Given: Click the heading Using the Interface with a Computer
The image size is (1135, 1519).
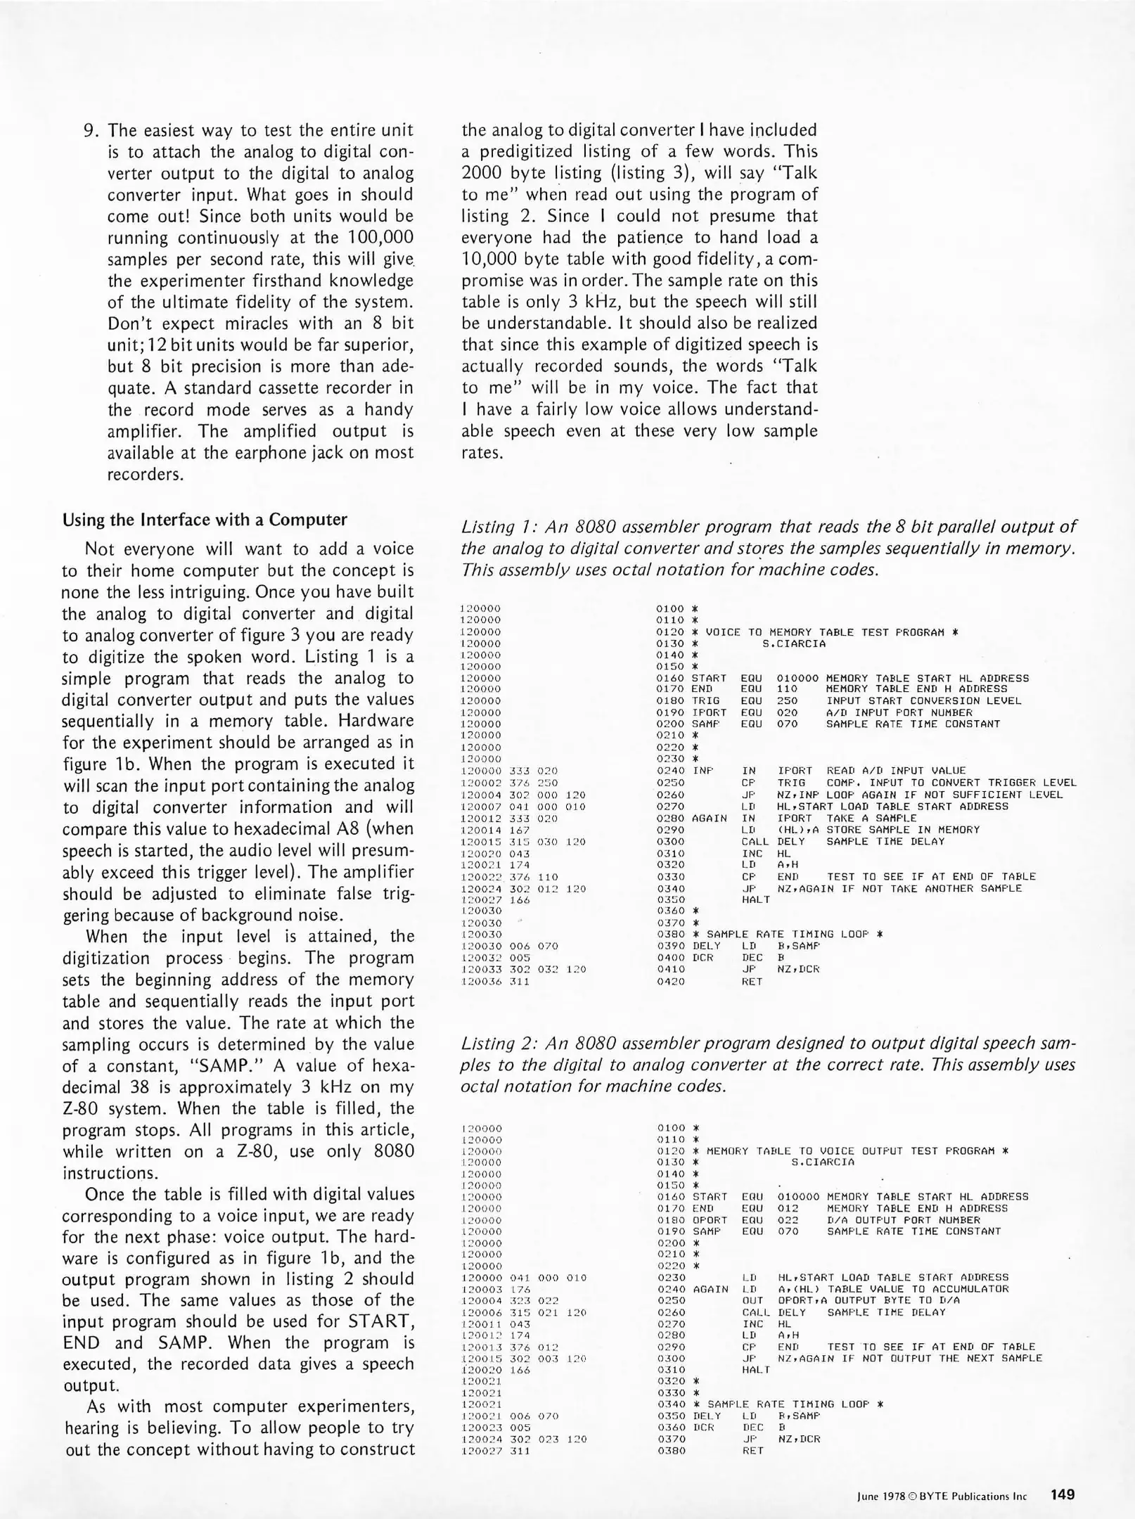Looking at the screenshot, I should point(205,520).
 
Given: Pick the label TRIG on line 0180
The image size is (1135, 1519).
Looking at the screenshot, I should point(705,700).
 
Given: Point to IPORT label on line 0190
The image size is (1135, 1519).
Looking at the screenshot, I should point(709,712).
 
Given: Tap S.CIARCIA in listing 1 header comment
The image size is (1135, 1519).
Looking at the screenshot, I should point(794,643).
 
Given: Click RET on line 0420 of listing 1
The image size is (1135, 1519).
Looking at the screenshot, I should point(752,981).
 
